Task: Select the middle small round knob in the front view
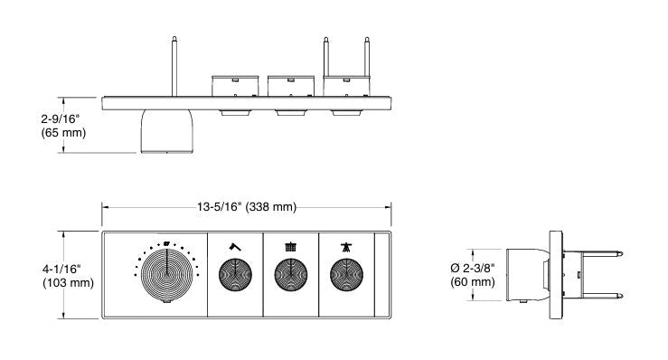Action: [290, 274]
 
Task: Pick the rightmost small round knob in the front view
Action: [345, 274]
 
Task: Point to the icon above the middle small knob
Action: [290, 246]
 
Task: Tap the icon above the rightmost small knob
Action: [345, 246]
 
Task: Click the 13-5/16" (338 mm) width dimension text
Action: [246, 207]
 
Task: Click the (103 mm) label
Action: [67, 283]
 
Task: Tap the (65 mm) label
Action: [64, 133]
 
